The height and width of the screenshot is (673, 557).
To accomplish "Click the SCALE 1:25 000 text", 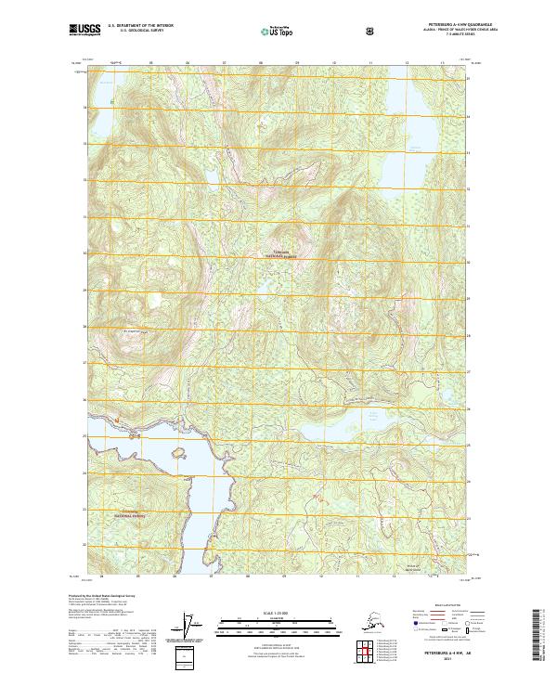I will click(277, 613).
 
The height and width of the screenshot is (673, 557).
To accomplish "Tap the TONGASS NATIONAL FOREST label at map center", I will click(284, 254).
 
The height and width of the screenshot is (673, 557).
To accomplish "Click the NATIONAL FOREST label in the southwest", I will click(130, 513).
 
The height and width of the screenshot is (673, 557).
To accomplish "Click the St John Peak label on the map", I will click(136, 331).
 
